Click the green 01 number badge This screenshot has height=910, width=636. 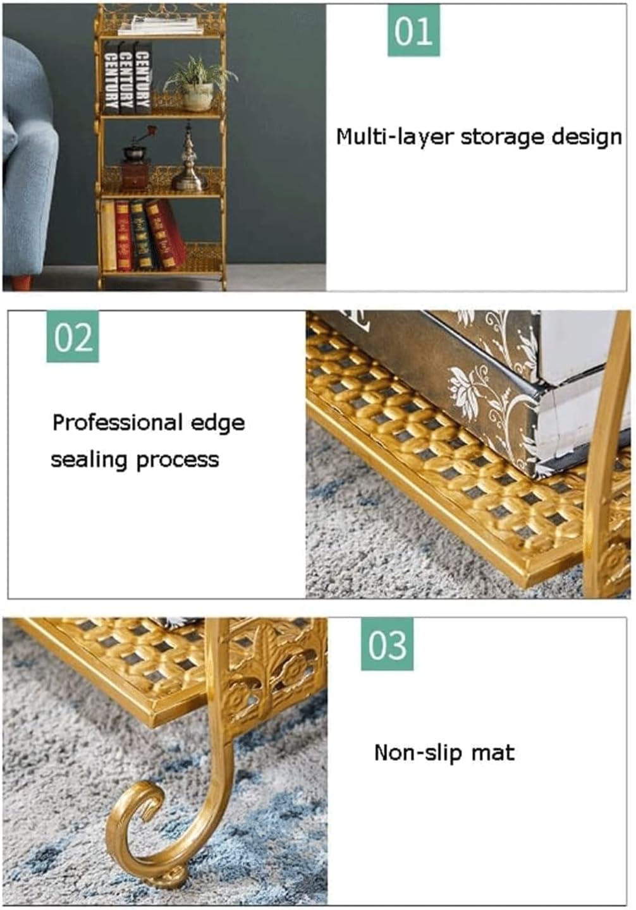pyautogui.click(x=413, y=30)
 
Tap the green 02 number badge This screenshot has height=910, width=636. pyautogui.click(x=73, y=336)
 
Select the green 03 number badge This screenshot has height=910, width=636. pyautogui.click(x=387, y=644)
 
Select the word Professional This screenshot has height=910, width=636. pyautogui.click(x=117, y=423)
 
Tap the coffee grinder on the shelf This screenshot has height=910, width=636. pyautogui.click(x=137, y=159)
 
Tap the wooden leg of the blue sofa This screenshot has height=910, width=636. pyautogui.click(x=21, y=282)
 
